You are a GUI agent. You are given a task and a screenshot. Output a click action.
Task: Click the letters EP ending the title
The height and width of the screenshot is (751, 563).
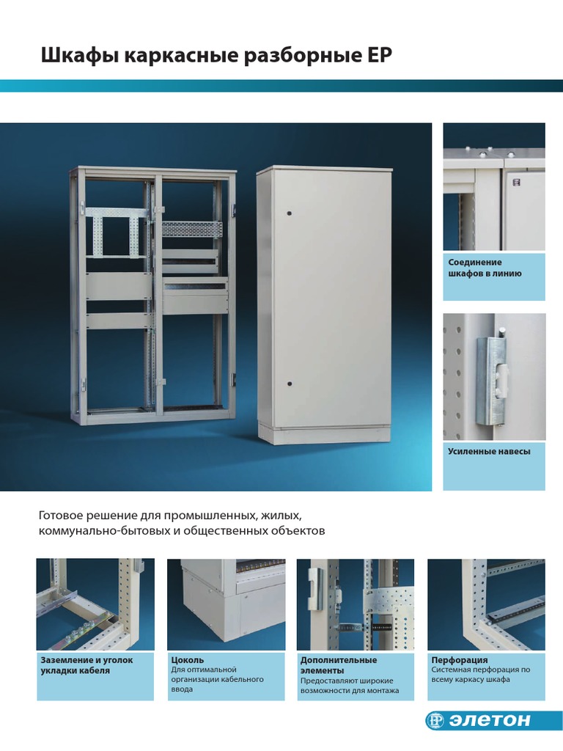click(x=380, y=55)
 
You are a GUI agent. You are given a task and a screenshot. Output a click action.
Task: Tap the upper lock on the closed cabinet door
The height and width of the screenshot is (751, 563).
click(x=289, y=213)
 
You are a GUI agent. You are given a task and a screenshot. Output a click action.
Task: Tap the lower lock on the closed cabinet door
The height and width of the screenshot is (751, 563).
click(x=289, y=384)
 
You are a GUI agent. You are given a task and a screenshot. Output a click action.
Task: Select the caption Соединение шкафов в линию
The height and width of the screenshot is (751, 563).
click(x=485, y=268)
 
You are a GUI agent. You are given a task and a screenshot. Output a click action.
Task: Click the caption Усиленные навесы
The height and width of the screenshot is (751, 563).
click(x=489, y=451)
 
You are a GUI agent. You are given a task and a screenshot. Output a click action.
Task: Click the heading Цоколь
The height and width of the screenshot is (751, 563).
click(x=187, y=660)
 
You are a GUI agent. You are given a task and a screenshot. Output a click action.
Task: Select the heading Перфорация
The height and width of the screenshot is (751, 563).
click(x=460, y=660)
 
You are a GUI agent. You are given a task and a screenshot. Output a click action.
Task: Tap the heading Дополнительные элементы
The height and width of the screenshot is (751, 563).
click(x=339, y=665)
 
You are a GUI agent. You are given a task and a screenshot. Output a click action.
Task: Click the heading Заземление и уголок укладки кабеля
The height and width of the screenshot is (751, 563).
click(x=87, y=665)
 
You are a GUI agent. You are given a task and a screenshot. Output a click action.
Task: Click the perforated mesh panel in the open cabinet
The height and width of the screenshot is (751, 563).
click(x=192, y=229)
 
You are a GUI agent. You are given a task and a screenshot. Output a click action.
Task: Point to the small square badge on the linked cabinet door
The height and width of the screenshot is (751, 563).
click(x=516, y=182)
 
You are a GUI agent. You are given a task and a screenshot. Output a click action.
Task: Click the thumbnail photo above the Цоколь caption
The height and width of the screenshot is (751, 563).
click(x=226, y=604)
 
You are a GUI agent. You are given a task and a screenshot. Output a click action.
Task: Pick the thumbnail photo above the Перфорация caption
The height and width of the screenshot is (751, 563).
click(x=486, y=604)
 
